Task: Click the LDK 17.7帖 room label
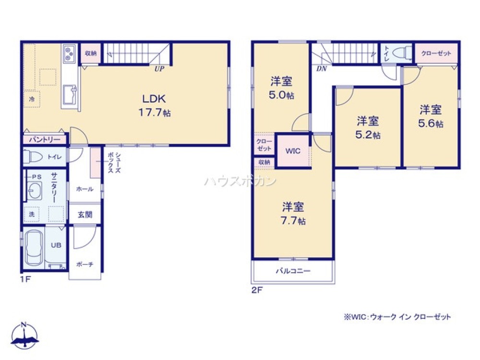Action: pyautogui.click(x=154, y=106)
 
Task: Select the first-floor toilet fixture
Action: pyautogui.click(x=34, y=156)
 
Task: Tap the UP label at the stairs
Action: pyautogui.click(x=159, y=69)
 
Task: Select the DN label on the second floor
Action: pyautogui.click(x=321, y=69)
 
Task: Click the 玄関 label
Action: pyautogui.click(x=84, y=214)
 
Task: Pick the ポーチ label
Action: pyautogui.click(x=84, y=264)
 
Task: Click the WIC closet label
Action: pyautogui.click(x=293, y=151)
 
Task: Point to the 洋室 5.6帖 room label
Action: pyautogui.click(x=430, y=116)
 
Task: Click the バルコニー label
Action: pyautogui.click(x=293, y=271)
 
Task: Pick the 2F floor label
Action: pyautogui.click(x=257, y=289)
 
